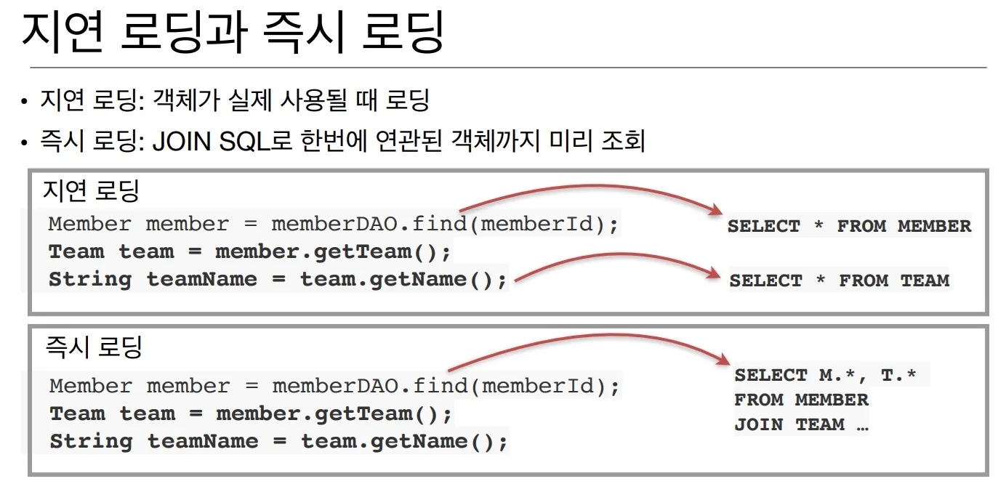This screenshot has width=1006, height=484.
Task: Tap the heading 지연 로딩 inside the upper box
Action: point(90,190)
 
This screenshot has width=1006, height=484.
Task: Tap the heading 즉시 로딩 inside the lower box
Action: point(94,347)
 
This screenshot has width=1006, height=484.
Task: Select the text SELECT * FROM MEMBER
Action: point(849,226)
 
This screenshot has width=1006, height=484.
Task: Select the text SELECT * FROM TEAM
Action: point(839,281)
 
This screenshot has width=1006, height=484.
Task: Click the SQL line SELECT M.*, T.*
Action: point(826,375)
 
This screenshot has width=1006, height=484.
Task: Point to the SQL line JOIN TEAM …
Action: point(801,424)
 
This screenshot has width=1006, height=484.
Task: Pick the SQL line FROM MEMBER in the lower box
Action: point(801,400)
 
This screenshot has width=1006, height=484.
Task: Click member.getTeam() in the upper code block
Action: point(333,252)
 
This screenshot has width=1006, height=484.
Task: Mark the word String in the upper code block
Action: point(90,280)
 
